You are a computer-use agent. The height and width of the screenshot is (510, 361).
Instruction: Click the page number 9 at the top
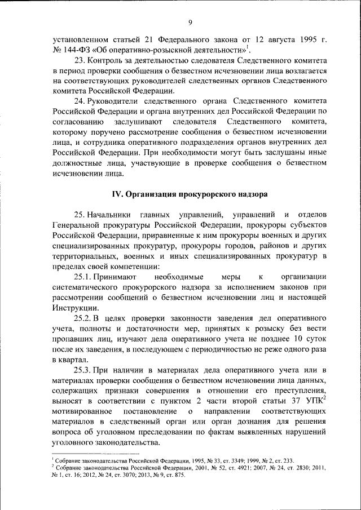(x=190, y=22)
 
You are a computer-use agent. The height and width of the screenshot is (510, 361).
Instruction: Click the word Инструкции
(x=76, y=308)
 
